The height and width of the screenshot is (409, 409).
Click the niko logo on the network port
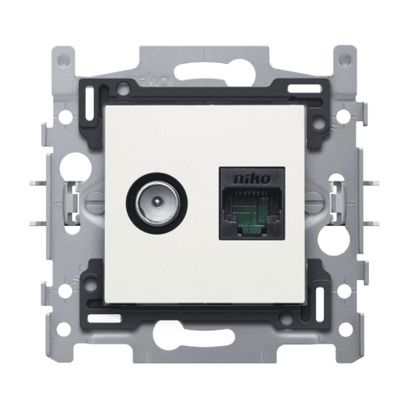point(252,179)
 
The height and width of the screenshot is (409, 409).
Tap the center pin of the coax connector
point(155,202)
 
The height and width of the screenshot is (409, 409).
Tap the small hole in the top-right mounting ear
point(346,58)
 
